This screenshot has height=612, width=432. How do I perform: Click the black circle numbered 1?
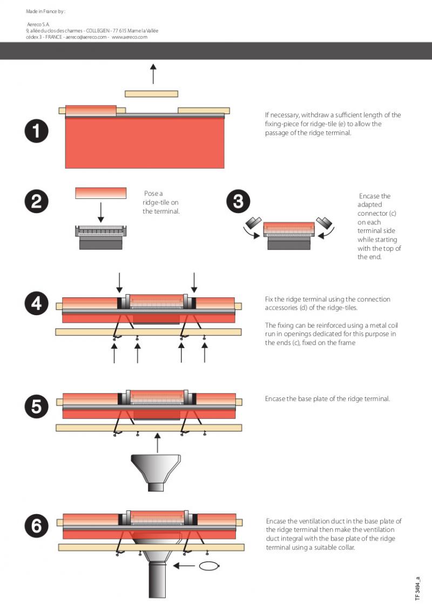tap(36, 131)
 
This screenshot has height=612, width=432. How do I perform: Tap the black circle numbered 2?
tap(36, 202)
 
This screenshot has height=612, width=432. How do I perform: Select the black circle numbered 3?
tap(238, 202)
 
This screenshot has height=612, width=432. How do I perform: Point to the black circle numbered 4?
tap(36, 304)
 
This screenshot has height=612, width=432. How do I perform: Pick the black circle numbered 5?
tap(36, 407)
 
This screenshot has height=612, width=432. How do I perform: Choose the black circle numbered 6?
tap(36, 525)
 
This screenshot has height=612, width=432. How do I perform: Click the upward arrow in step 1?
tap(153, 74)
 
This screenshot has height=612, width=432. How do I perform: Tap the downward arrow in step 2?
tap(100, 212)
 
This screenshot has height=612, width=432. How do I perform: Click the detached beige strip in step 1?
tap(151, 94)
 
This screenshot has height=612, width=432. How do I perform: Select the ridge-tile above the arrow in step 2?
tap(100, 193)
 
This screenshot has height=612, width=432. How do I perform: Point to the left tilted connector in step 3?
tap(253, 223)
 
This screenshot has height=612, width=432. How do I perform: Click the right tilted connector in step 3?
tap(324, 223)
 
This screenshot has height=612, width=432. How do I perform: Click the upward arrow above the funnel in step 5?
tap(157, 443)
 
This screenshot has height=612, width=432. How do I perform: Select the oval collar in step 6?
tap(210, 566)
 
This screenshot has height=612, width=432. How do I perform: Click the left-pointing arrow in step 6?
tap(184, 566)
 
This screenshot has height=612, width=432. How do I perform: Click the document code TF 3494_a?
tap(417, 589)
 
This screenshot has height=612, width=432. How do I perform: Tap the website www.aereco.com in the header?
tap(130, 37)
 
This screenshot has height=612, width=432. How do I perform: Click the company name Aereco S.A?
tap(38, 24)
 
